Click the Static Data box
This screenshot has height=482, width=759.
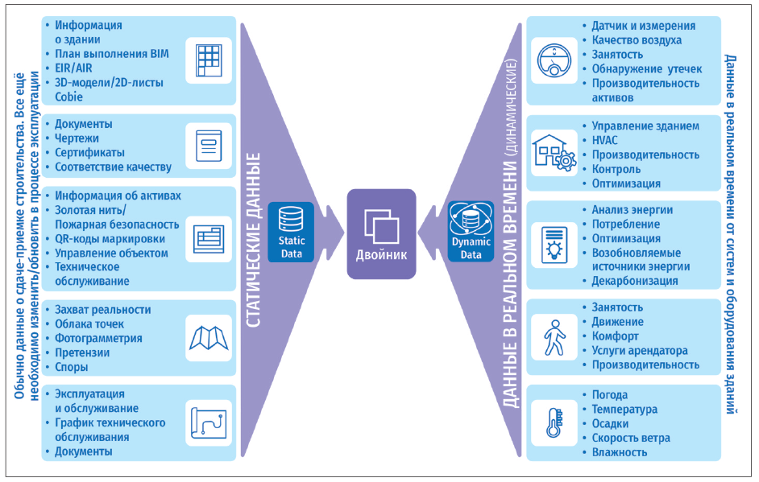[x=291, y=232]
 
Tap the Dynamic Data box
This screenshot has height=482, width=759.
[x=471, y=232]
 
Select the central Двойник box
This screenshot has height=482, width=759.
[x=381, y=234]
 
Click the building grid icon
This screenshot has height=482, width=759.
[x=209, y=61]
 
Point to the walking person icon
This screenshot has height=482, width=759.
[x=554, y=337]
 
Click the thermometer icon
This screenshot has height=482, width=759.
[x=554, y=423]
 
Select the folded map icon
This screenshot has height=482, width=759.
[x=209, y=338]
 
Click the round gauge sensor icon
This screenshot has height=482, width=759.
[x=554, y=60]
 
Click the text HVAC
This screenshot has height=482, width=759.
[x=604, y=140]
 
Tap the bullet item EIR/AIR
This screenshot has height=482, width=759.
[x=73, y=68]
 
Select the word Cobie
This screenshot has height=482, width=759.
[x=68, y=97]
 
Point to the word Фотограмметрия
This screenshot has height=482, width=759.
[x=98, y=339]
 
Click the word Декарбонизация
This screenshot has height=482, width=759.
[x=635, y=281]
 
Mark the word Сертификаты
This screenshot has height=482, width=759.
[x=89, y=153]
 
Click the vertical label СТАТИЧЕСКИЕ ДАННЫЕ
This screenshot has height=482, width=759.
[x=253, y=241]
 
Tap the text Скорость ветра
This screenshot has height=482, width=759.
[x=631, y=438]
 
